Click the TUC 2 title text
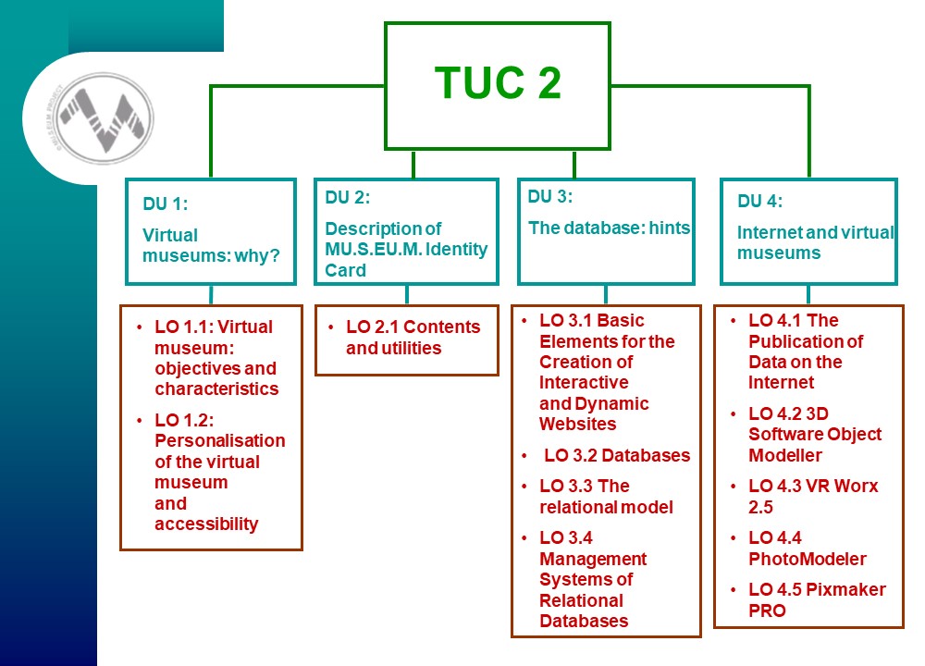(x=498, y=82)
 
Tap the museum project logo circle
(x=105, y=118)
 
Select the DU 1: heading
(x=166, y=204)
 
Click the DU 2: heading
(x=348, y=198)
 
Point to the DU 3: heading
(x=549, y=196)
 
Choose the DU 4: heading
(x=759, y=201)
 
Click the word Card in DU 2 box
(x=346, y=270)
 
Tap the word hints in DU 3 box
(x=670, y=228)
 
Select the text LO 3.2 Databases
(x=617, y=455)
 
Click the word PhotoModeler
(x=808, y=559)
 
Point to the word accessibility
(x=206, y=524)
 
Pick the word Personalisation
(x=220, y=440)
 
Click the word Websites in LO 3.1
(x=577, y=425)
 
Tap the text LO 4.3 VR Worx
(x=813, y=486)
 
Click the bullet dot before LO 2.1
(x=331, y=327)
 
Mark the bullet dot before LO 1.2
(x=140, y=420)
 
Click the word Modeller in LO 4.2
(x=785, y=455)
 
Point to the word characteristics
(x=216, y=388)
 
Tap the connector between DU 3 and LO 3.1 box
(x=606, y=295)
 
